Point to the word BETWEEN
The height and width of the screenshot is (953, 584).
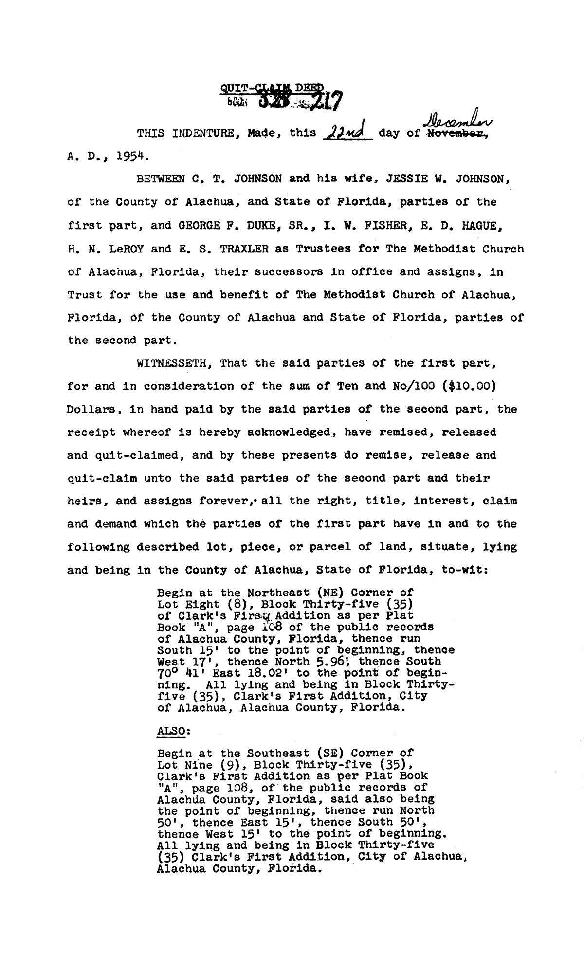point(161,179)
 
